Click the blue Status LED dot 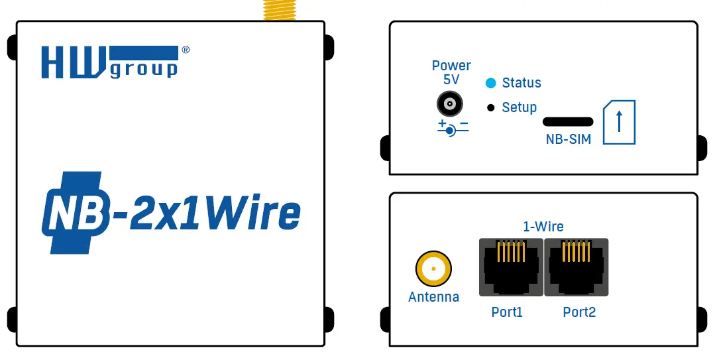coord(490,83)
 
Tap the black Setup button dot coord(491,107)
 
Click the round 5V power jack coord(449,105)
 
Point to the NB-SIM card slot coord(568,122)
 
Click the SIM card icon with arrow coord(619,123)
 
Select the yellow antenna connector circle coord(433,269)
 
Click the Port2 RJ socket coord(576,267)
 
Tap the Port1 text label coord(507,312)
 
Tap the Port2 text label coord(579,312)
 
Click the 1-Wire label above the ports coord(543,226)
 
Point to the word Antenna coord(433,297)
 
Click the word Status coord(521,83)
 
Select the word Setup coord(520,107)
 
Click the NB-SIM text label coord(568,139)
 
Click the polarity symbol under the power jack coord(452,128)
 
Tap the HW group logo coord(110,62)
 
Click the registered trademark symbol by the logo coord(186,50)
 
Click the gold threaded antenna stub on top coord(279,10)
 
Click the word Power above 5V coord(451,66)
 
